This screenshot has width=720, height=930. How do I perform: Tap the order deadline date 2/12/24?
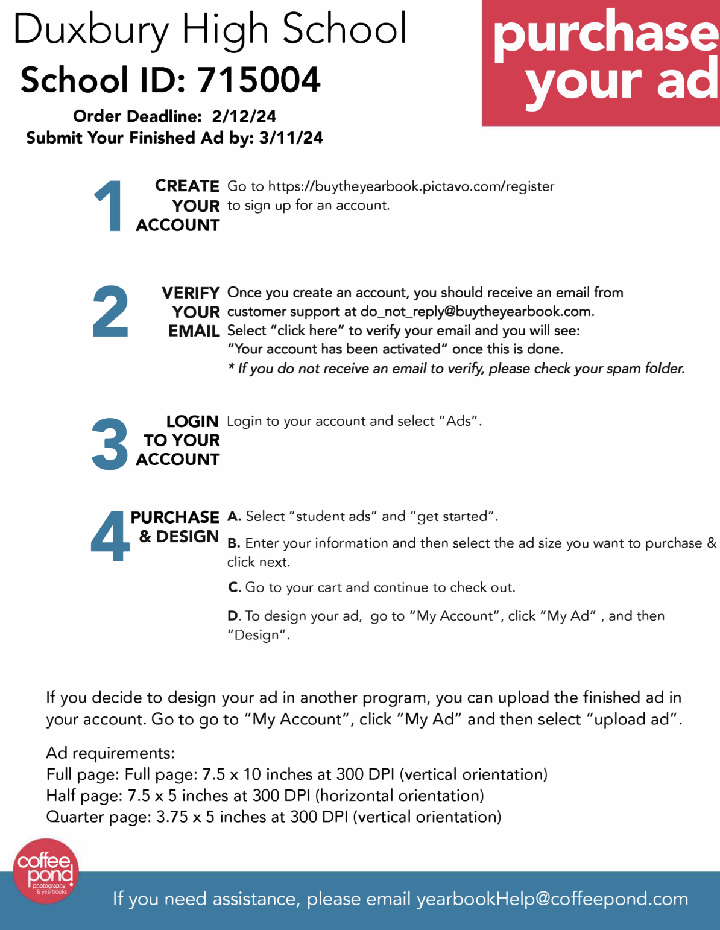244,116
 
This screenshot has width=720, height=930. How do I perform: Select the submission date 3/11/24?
291,138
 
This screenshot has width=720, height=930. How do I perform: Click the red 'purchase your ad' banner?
601,63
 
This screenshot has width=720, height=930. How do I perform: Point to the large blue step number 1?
109,206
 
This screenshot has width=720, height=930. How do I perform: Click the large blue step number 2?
110,311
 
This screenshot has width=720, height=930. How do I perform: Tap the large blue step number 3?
110,444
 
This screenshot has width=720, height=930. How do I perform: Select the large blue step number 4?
110,536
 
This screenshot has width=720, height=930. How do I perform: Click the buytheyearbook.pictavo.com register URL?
411,186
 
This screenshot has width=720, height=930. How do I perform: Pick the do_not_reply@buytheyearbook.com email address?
476,312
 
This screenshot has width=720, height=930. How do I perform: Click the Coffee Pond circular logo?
46,871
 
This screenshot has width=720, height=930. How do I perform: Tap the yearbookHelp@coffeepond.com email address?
552,899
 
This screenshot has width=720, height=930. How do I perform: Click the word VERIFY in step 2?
191,293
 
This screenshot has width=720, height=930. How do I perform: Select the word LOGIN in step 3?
192,421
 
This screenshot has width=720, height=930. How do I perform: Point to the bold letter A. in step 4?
234,516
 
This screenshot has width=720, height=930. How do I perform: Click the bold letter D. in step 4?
234,616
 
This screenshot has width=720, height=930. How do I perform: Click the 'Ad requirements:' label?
110,753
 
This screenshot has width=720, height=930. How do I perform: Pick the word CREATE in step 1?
187,186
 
